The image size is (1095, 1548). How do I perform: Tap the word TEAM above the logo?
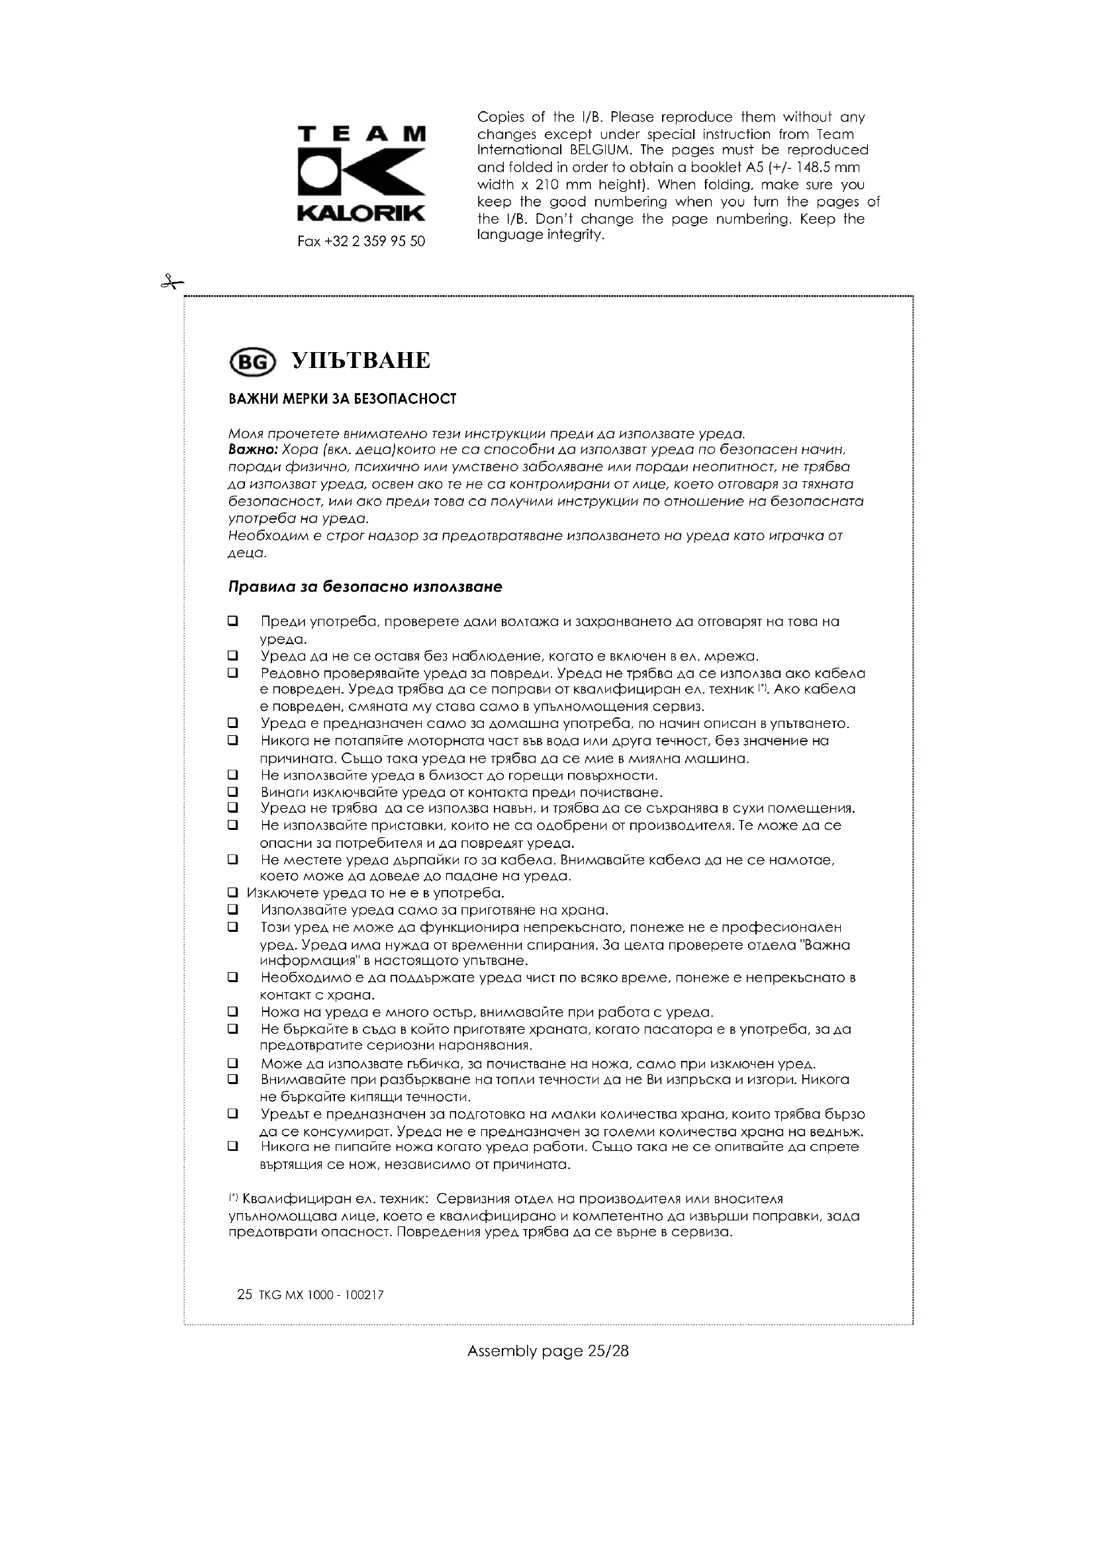coord(361,134)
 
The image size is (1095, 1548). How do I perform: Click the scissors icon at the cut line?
coord(171,283)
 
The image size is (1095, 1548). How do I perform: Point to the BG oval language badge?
coord(253,363)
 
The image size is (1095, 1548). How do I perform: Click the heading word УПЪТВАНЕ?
coord(361,361)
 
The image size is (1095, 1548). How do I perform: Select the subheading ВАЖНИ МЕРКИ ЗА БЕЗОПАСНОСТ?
coord(342,399)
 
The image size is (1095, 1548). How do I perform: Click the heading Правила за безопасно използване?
coord(365,586)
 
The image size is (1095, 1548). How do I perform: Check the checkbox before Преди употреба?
coord(233,621)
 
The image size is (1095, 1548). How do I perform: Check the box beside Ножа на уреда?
coord(233,1011)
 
